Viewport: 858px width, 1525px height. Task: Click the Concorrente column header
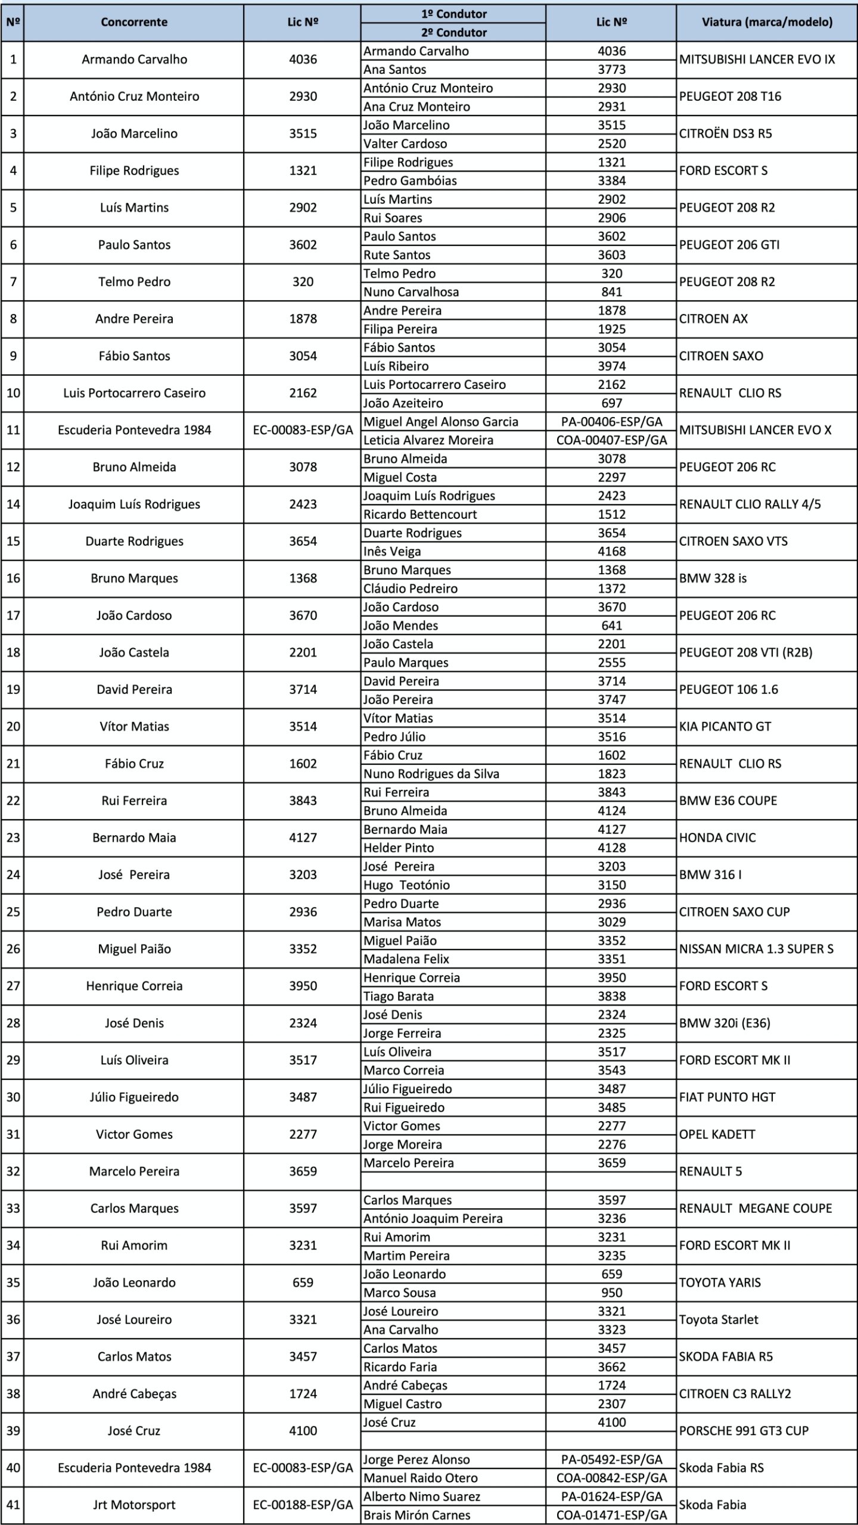134,23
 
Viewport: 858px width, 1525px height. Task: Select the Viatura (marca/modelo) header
767,23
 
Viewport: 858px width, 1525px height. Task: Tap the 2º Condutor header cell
453,33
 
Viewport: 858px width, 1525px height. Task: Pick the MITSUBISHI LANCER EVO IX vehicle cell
757,60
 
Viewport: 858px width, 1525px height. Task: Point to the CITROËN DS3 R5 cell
725,133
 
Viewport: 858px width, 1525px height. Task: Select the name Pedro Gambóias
410,180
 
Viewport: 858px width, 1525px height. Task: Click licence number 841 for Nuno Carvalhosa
611,292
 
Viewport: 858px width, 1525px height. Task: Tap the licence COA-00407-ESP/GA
611,440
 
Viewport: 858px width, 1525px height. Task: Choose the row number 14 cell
13,504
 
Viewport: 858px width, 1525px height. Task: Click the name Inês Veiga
392,552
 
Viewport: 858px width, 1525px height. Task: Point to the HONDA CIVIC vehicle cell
717,838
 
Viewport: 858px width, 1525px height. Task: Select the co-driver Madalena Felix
406,959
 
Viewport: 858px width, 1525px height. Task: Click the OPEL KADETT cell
717,1134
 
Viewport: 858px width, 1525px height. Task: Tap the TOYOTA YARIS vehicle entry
720,1283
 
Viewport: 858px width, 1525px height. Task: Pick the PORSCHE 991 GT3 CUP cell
744,1431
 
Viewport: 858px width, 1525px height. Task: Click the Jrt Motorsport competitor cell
134,1505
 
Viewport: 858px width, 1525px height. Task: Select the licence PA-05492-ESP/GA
611,1459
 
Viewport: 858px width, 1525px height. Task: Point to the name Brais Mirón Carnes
416,1515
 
